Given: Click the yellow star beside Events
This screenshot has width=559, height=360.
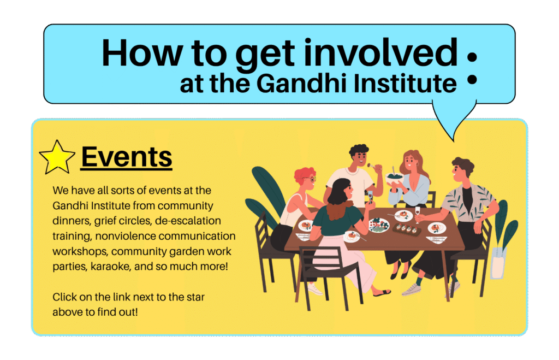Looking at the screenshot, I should point(57,157).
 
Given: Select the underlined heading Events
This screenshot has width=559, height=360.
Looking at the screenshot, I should point(126,157).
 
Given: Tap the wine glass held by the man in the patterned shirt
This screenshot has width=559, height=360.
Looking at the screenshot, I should point(417,211).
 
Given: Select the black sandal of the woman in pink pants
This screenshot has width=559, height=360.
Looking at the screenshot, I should point(381,293).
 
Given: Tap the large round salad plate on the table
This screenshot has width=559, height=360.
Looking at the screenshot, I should point(378,225).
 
